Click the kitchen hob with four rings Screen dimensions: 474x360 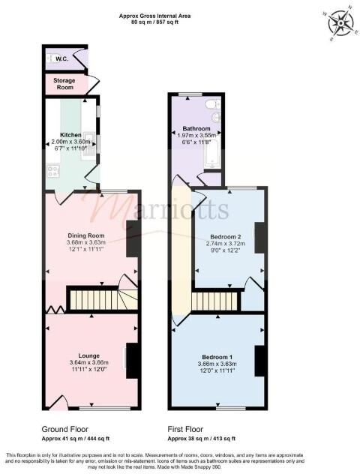(x=54, y=172)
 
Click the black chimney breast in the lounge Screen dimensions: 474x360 (x=132, y=360)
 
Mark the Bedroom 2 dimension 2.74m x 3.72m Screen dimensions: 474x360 (x=225, y=244)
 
